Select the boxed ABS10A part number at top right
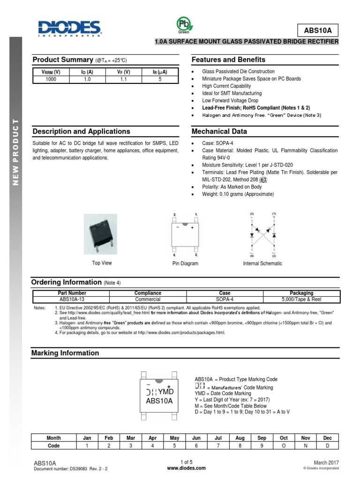tap(317, 30)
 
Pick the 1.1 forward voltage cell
tap(123, 79)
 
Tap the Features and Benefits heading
tap(228, 60)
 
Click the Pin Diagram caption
tap(185, 263)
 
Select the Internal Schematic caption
tap(262, 263)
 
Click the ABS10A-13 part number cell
tap(70, 299)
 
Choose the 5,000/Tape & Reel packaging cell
tap(301, 299)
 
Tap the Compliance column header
tap(148, 293)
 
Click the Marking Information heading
tap(65, 353)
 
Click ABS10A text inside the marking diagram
tap(159, 401)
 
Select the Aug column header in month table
tap(240, 438)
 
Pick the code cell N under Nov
tap(306, 446)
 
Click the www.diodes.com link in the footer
tap(186, 468)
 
